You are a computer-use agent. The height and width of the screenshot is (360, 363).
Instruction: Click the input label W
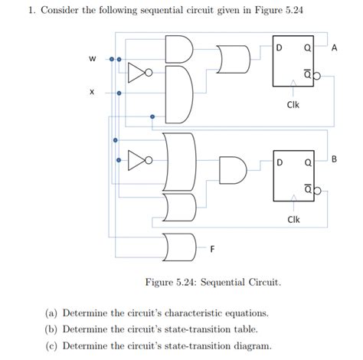[x=93, y=58]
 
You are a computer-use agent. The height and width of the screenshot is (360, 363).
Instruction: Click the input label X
[x=92, y=93]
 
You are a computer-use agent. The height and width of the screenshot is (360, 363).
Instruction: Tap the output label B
[x=333, y=159]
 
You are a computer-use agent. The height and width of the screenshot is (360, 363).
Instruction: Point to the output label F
[x=212, y=249]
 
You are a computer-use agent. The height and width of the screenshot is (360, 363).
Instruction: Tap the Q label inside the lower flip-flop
[x=306, y=163]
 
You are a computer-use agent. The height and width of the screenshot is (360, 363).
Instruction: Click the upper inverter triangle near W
[x=136, y=74]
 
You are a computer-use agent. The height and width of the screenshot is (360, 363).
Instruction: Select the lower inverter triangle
[x=136, y=162]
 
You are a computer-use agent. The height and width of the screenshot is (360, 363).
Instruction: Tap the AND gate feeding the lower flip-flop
[x=231, y=171]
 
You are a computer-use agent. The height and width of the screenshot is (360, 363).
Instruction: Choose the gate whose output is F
[x=176, y=245]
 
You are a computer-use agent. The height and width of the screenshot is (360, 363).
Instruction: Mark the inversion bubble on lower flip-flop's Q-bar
[x=316, y=190]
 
